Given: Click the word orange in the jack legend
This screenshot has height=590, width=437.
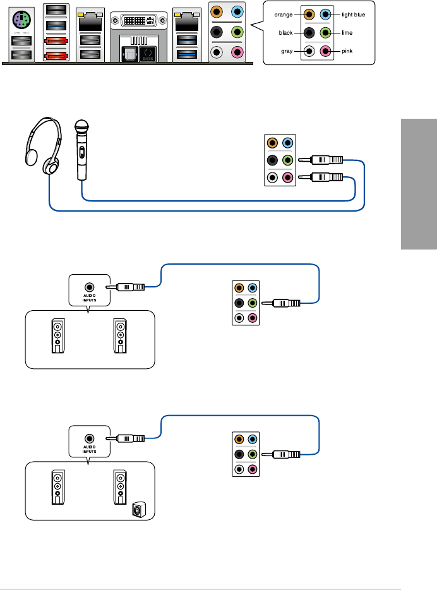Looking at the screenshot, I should click(x=282, y=13).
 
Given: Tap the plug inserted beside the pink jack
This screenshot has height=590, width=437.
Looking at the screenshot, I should click(x=322, y=178).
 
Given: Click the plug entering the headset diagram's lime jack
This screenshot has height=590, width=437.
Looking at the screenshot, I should click(x=322, y=161).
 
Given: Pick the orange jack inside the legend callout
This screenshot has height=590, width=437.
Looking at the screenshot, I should click(x=309, y=13).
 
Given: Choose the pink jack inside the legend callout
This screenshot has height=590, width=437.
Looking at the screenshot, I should click(x=326, y=52).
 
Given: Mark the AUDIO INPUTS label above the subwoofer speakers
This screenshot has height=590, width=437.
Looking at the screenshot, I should click(x=89, y=448).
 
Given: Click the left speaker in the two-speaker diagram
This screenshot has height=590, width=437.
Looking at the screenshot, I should click(x=57, y=335).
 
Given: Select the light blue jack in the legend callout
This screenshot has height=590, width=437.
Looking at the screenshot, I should click(x=326, y=13).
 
